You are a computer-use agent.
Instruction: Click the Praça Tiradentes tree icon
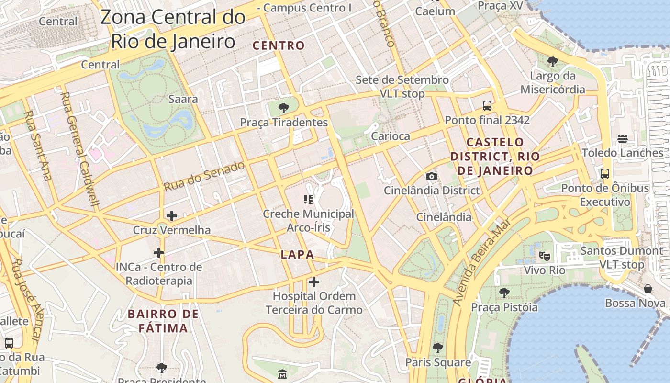pyautogui.click(x=284, y=108)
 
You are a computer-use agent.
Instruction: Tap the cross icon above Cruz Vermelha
pyautogui.click(x=172, y=216)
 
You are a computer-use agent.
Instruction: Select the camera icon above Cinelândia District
pyautogui.click(x=431, y=176)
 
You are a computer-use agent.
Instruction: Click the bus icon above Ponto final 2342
pyautogui.click(x=487, y=106)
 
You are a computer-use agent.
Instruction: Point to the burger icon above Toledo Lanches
pyautogui.click(x=622, y=139)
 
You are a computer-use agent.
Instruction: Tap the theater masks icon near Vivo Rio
pyautogui.click(x=544, y=256)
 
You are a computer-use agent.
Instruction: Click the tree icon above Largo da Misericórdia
pyautogui.click(x=552, y=61)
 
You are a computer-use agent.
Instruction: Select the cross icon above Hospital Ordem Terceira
pyautogui.click(x=313, y=282)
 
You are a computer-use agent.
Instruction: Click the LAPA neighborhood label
pyautogui.click(x=297, y=255)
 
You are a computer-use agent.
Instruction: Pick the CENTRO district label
pyautogui.click(x=279, y=45)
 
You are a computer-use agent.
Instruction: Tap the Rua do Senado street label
pyautogui.click(x=204, y=176)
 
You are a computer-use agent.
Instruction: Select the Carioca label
pyautogui.click(x=391, y=136)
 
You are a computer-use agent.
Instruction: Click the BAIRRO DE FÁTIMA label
pyautogui.click(x=163, y=321)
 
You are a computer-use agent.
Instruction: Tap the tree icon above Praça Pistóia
pyautogui.click(x=504, y=293)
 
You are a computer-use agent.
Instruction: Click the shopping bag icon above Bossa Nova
pyautogui.click(x=648, y=289)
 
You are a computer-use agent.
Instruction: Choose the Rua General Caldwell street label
pyautogui.click(x=80, y=149)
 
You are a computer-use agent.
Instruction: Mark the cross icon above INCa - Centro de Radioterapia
pyautogui.click(x=159, y=253)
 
